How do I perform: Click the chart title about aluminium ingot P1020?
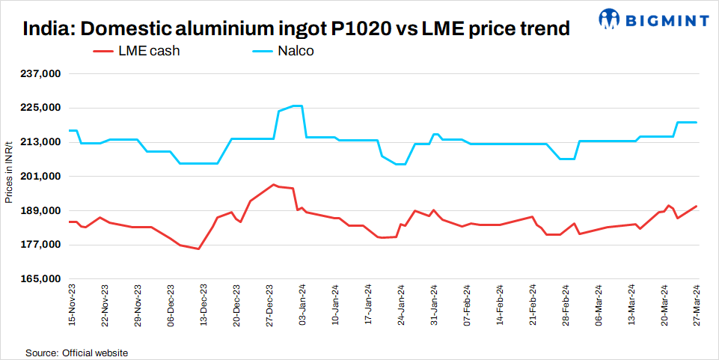point(296,29)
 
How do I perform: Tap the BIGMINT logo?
point(655,17)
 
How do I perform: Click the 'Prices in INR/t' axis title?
point(8,172)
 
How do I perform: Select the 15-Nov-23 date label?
point(72,306)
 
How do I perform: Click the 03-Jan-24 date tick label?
point(303,306)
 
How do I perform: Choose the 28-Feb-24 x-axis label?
point(566,306)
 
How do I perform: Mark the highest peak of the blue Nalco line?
point(297,106)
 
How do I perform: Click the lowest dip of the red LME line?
point(198,248)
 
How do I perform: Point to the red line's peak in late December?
point(274,184)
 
